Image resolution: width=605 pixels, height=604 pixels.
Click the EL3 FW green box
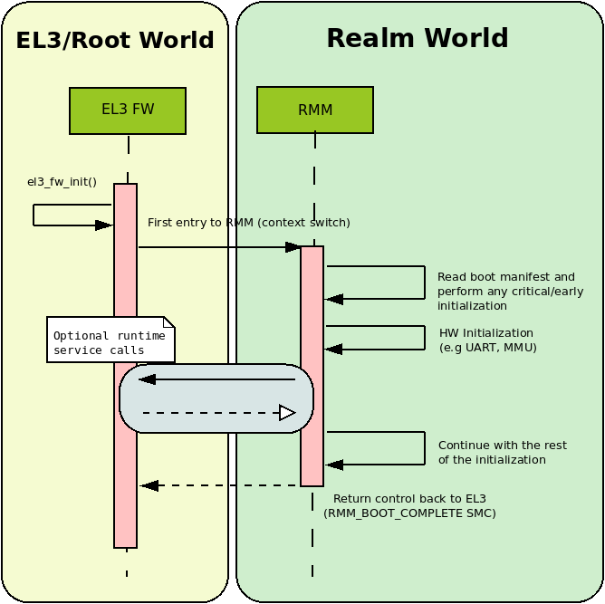point(128,110)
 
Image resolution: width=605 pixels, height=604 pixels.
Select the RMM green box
point(315,110)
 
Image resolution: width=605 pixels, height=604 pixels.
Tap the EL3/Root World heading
point(115,41)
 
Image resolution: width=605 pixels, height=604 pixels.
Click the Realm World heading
point(417,39)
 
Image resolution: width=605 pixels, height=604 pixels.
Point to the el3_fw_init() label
point(62,182)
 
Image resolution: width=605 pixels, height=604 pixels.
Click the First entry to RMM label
point(248,223)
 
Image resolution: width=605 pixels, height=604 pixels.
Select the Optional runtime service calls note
point(110,340)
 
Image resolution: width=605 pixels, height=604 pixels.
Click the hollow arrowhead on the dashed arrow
point(287,413)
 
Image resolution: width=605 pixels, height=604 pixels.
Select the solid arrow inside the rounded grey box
point(217,379)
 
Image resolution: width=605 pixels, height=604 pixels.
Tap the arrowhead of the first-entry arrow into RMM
point(293,247)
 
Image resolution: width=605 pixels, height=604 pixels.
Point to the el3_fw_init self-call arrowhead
point(103,225)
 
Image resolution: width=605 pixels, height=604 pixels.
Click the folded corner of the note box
point(168,322)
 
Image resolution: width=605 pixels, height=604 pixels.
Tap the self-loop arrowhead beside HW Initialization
point(334,350)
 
